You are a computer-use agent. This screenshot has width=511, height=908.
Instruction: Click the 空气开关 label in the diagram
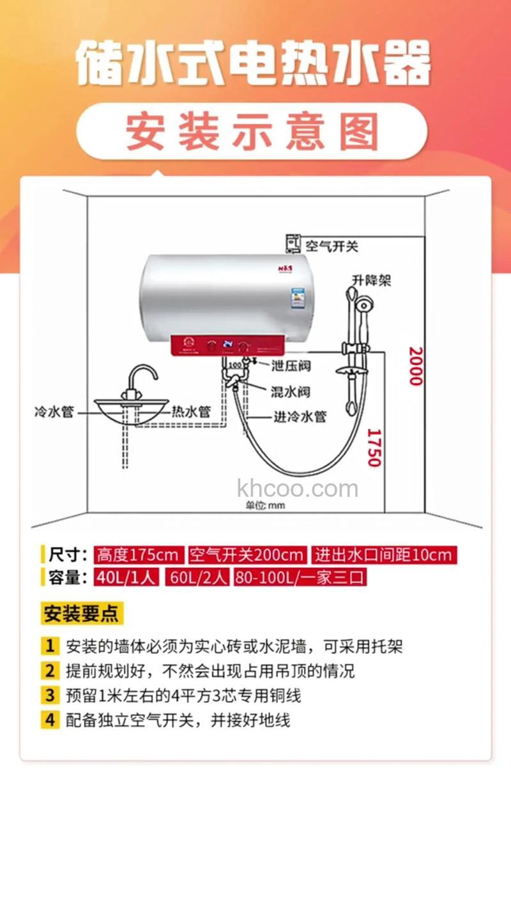tap(332, 246)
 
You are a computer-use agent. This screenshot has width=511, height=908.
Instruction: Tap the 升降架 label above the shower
tap(371, 280)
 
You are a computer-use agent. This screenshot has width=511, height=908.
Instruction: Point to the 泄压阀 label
tap(291, 366)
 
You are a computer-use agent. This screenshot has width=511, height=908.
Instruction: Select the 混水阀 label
tap(291, 391)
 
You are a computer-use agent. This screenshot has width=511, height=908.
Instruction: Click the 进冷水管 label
tap(300, 416)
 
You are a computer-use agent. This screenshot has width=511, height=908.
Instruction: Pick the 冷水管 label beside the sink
tap(54, 411)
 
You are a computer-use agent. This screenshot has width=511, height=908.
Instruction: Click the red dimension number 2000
tap(416, 366)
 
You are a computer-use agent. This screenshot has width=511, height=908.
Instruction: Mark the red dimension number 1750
tap(374, 447)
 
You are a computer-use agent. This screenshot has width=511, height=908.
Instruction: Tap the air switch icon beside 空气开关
tap(293, 244)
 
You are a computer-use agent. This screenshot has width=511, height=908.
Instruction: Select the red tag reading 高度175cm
tap(139, 554)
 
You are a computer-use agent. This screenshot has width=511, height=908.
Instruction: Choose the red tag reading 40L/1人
tap(126, 577)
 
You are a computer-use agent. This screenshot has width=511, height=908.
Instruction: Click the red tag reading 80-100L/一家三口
tap(300, 577)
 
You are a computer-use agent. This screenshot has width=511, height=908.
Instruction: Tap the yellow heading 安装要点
tap(80, 614)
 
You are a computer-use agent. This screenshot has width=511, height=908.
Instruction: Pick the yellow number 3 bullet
tap(50, 695)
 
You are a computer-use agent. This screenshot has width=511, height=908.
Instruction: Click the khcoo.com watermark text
tap(298, 489)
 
